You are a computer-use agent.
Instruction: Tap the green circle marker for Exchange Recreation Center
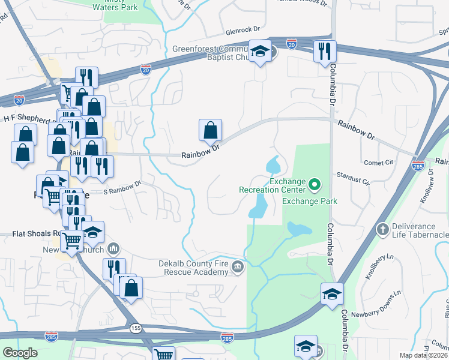tap(313, 182)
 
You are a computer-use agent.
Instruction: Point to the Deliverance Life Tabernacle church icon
tap(382, 229)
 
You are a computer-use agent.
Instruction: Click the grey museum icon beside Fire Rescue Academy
tap(238, 266)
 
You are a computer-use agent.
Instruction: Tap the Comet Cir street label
tap(378, 163)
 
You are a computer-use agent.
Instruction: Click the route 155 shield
tap(137, 328)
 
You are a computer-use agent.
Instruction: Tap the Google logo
tap(20, 353)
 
